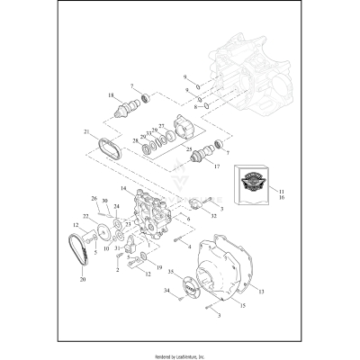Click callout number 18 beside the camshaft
pos(111,94)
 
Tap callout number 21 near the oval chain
pos(86,132)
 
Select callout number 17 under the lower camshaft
pos(212,166)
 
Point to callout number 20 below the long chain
pos(83,280)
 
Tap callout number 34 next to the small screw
pos(166,291)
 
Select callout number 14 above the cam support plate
pos(123,188)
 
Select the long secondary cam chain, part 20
pos(79,256)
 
